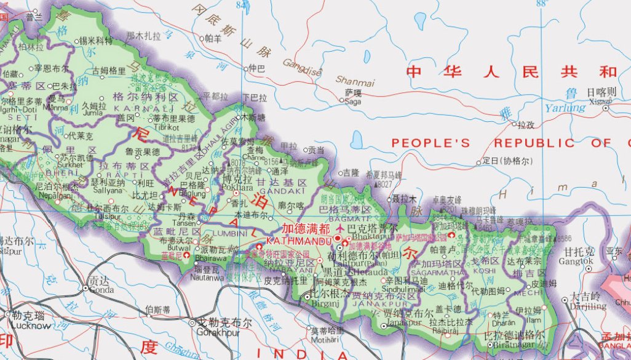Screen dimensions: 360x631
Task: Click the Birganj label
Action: click(323, 303)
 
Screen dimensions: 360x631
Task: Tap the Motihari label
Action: click(324, 339)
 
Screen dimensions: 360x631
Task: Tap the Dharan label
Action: click(501, 321)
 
